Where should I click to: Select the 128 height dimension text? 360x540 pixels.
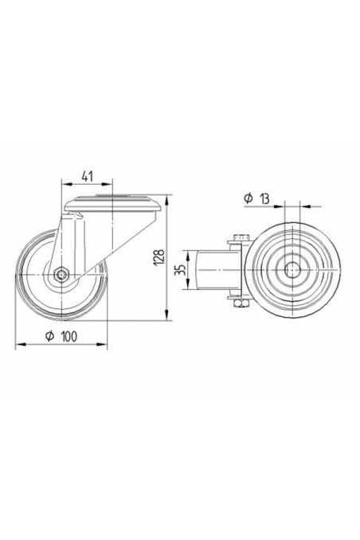click(158, 255)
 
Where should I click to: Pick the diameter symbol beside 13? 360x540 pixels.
click(247, 198)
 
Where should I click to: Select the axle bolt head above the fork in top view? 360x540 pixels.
click(241, 236)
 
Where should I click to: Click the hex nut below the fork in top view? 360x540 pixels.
click(241, 303)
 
